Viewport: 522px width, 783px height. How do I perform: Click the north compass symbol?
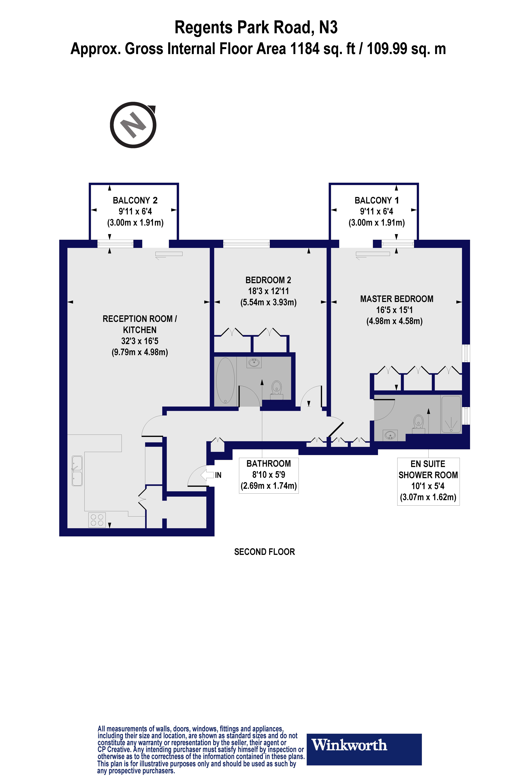[x=133, y=125]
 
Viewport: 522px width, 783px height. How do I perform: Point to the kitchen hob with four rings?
[x=97, y=520]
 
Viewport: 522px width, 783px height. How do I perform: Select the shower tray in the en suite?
[x=451, y=414]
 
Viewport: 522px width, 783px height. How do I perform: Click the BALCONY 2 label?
[x=135, y=200]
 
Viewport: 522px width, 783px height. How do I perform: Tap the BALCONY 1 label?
[x=377, y=200]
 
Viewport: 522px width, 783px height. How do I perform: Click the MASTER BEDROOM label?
[x=397, y=299]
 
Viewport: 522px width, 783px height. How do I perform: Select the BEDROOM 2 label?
[x=268, y=280]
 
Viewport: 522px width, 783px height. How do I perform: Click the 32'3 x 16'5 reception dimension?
[x=140, y=341]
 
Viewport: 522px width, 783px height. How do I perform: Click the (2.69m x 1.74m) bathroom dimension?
[x=269, y=486]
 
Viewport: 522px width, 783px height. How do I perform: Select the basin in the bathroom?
[x=254, y=362]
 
